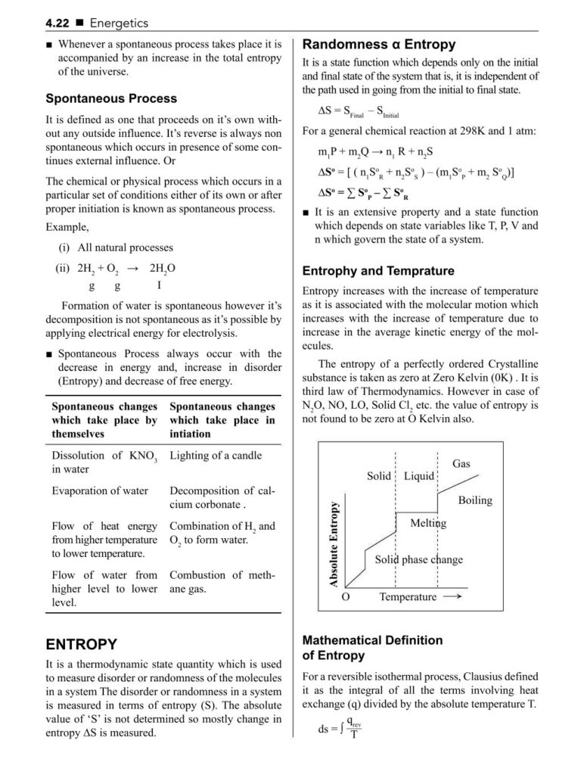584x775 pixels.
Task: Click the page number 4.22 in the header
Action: [x=59, y=24]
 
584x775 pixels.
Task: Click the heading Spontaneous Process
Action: [x=111, y=98]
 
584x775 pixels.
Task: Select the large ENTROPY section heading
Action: [x=82, y=644]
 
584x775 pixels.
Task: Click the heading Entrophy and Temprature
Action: [x=378, y=270]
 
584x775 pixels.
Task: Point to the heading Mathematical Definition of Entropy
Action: [x=372, y=648]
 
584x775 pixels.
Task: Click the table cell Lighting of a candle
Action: [x=216, y=456]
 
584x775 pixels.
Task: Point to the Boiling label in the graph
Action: [x=474, y=500]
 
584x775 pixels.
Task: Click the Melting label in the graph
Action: [x=428, y=523]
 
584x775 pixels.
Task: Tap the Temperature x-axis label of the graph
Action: [x=408, y=597]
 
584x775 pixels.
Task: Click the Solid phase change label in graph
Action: [x=419, y=560]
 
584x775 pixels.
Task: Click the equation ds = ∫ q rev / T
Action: [x=340, y=730]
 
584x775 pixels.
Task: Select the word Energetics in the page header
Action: [x=118, y=24]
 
